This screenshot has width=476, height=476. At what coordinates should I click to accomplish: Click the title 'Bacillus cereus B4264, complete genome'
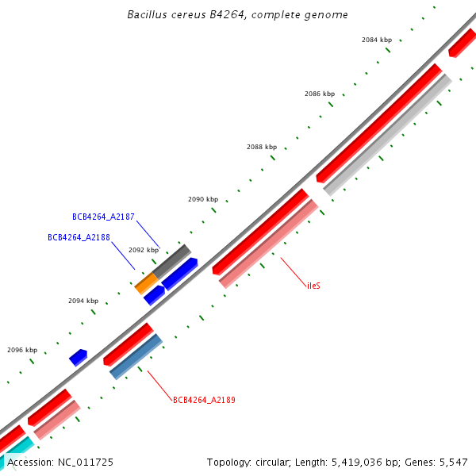click(237, 15)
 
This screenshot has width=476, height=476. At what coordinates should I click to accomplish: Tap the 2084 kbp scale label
click(376, 40)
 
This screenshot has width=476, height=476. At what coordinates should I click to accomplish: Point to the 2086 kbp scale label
click(320, 94)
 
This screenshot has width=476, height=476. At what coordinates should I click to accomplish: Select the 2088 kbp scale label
click(262, 147)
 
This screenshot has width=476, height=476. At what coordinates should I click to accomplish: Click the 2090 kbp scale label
click(202, 200)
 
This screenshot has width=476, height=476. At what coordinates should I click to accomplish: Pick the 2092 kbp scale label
click(144, 250)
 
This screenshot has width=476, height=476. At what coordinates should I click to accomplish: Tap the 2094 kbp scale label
click(83, 301)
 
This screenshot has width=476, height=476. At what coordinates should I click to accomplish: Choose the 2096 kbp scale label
click(22, 350)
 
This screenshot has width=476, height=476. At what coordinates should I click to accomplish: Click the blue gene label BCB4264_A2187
click(103, 217)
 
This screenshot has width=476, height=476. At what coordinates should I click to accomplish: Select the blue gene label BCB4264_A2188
click(79, 237)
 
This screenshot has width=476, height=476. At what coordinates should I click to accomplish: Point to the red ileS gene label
click(313, 285)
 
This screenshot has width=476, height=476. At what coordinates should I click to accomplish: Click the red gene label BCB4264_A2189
click(204, 400)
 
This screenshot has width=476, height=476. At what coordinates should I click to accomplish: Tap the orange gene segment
click(146, 282)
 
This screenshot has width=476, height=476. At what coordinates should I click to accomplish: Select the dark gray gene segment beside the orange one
click(173, 261)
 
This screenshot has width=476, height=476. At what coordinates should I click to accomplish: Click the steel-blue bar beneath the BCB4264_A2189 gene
click(136, 356)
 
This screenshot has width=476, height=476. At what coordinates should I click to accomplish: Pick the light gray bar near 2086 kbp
click(387, 135)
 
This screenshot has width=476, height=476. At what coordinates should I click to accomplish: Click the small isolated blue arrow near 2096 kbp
click(78, 357)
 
